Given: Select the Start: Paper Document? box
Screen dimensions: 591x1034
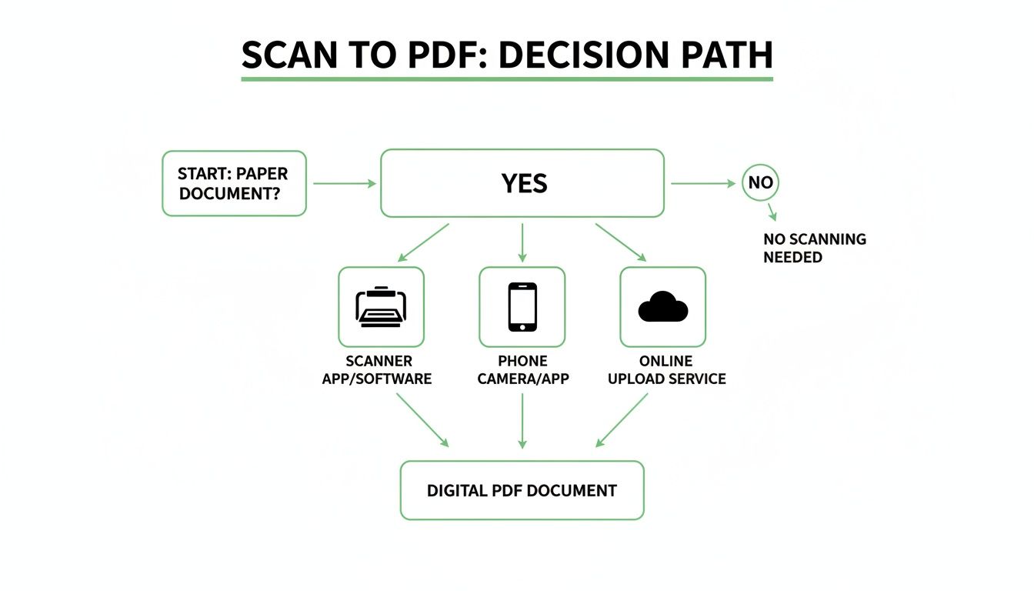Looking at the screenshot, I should pyautogui.click(x=234, y=183).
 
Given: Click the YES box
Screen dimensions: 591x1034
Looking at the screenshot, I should pyautogui.click(x=522, y=183).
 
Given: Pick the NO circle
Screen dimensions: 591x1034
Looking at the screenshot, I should pyautogui.click(x=760, y=184).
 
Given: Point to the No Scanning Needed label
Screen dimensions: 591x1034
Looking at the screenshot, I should pyautogui.click(x=814, y=248).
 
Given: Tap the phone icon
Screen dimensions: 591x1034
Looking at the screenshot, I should pyautogui.click(x=522, y=306).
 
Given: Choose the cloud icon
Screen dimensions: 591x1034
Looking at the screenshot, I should pyautogui.click(x=662, y=307).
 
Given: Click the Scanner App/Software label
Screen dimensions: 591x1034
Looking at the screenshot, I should pyautogui.click(x=377, y=370).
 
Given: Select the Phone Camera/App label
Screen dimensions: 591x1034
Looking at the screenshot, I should pyautogui.click(x=523, y=370).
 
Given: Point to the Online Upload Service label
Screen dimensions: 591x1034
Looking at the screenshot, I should pyautogui.click(x=666, y=370).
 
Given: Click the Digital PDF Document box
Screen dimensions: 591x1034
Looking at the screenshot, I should pyautogui.click(x=522, y=490).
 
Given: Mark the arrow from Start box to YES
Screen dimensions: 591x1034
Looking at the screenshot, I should pyautogui.click(x=344, y=183).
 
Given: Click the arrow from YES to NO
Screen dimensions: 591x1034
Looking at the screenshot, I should pyautogui.click(x=702, y=184).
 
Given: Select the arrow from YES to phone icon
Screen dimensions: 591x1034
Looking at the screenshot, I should pyautogui.click(x=522, y=242).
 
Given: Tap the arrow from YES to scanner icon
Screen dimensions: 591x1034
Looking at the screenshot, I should pyautogui.click(x=424, y=241).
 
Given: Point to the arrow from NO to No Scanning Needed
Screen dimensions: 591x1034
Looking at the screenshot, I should pyautogui.click(x=772, y=212).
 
